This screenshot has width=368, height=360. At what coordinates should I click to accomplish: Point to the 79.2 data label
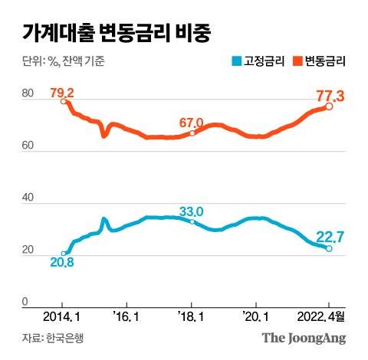click(x=62, y=93)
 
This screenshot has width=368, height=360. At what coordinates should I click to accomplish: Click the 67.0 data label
click(x=191, y=123)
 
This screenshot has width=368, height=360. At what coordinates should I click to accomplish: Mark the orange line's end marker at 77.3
click(x=329, y=106)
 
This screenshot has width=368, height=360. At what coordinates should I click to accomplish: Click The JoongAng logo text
click(x=304, y=338)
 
